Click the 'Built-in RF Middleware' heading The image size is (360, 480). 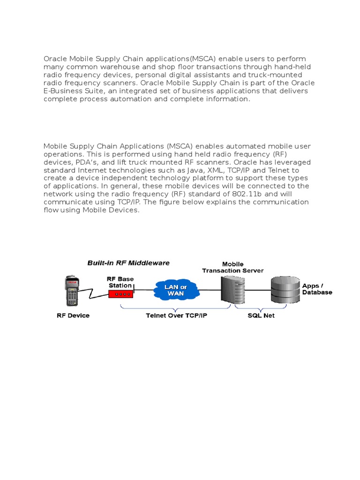tap(128, 263)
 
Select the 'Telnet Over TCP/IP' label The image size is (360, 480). tap(176, 315)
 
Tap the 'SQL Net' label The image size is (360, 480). tap(261, 315)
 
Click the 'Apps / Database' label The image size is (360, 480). tap(317, 289)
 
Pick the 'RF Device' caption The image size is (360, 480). tap(73, 315)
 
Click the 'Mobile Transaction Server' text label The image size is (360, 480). tap(232, 267)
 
